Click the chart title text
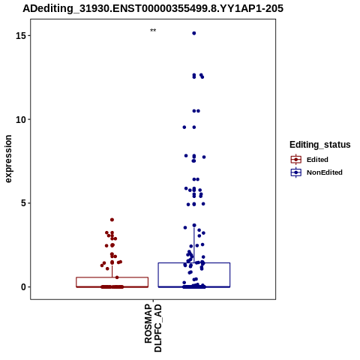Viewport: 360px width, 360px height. (153, 9)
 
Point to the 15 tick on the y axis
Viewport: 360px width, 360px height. (29, 35)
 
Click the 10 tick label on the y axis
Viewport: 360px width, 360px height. (21, 120)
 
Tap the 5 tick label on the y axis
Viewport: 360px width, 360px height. (24, 203)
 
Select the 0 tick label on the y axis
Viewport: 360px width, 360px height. (24, 287)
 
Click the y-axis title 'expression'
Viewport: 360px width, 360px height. (8, 159)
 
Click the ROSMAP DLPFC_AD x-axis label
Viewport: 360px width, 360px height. (153, 328)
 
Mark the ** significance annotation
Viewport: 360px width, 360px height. (153, 31)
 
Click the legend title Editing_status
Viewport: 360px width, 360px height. (320, 145)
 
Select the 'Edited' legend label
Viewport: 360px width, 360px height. (317, 160)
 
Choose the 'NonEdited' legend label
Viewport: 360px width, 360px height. (325, 172)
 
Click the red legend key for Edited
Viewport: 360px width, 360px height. (296, 160)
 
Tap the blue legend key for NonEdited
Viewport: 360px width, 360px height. (296, 172)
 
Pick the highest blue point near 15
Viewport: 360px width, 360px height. (194, 33)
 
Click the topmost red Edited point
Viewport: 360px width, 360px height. (112, 220)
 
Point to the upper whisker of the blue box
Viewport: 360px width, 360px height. (194, 245)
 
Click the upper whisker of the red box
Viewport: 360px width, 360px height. (112, 271)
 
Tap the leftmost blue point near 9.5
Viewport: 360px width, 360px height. (184, 127)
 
